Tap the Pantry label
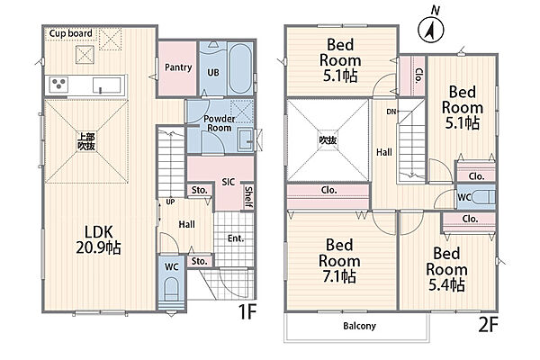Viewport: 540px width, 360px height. [x=178, y=67]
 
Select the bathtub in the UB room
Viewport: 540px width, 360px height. [x=240, y=69]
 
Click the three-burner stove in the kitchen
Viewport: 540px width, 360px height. [x=58, y=85]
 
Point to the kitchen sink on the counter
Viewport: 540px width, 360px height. [x=107, y=85]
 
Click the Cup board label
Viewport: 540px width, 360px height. [x=70, y=33]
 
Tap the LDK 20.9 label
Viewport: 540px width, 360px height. [x=98, y=239]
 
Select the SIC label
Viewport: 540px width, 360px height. [x=228, y=182]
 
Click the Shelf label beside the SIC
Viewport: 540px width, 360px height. [x=248, y=197]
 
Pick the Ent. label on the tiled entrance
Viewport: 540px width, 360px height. [x=236, y=238]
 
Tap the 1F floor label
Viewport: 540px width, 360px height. [x=247, y=311]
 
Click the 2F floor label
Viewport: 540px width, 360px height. [x=489, y=325]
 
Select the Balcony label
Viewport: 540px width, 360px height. [x=359, y=326]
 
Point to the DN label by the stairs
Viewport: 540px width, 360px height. [x=391, y=112]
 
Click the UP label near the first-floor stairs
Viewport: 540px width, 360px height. [x=170, y=202]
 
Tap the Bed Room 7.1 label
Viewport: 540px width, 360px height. [x=339, y=261]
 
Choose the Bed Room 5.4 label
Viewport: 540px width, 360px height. [x=446, y=269]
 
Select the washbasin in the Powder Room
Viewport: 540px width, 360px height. [x=246, y=139]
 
